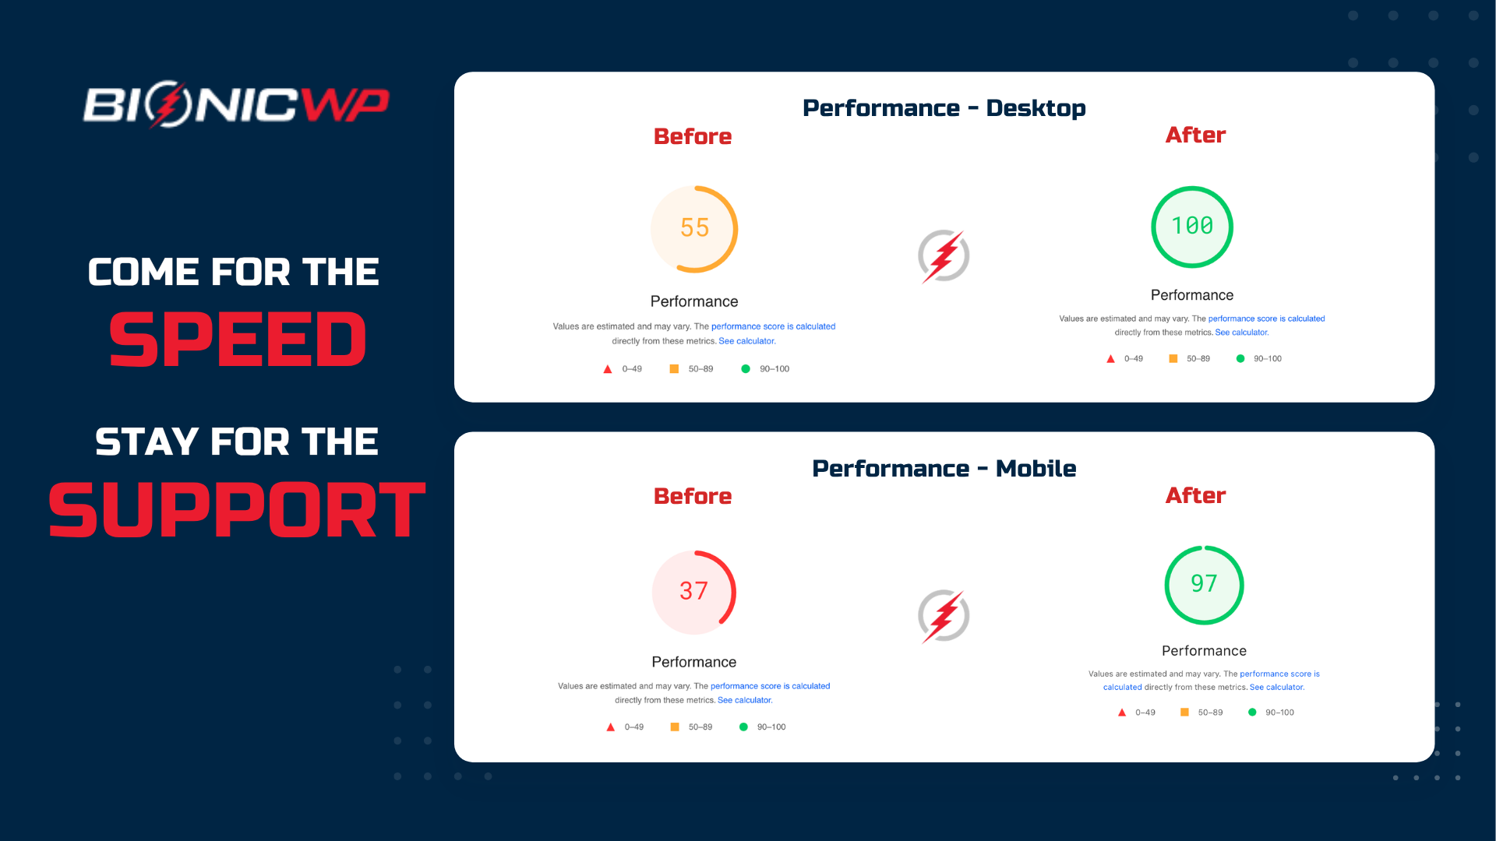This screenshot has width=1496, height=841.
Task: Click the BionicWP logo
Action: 236,104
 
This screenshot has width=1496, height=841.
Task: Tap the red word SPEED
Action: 238,340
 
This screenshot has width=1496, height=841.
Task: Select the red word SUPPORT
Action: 237,510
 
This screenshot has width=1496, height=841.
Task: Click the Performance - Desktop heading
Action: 944,108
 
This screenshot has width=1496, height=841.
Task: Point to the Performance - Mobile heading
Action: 944,469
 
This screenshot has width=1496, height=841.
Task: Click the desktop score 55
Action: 694,228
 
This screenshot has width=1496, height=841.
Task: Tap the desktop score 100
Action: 1192,226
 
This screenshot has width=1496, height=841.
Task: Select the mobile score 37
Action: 693,591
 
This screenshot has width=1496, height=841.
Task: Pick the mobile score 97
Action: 1204,583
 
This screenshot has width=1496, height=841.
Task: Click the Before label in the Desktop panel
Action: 693,137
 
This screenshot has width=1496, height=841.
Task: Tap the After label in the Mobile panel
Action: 1195,496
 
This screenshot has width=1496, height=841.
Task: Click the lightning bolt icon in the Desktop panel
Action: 944,256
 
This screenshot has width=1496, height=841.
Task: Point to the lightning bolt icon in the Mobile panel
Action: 944,616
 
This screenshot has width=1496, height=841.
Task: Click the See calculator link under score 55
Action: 746,341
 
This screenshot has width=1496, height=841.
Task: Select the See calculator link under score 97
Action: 1276,688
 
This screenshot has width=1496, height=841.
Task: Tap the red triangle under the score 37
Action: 611,727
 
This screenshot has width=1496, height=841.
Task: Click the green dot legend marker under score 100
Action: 1240,359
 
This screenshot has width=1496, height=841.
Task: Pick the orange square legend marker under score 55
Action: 674,369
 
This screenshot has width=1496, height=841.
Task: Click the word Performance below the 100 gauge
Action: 1192,295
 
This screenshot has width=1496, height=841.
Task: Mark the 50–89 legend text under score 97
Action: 1210,713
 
